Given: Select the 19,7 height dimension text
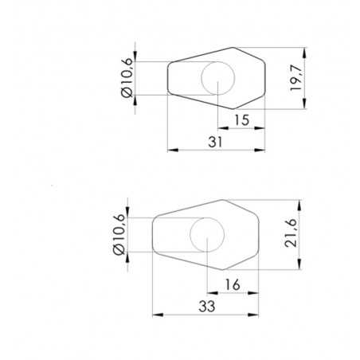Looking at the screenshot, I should pos(296,77).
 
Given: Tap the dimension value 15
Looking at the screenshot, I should pos(242,119).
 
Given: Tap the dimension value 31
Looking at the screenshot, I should pos(216,141).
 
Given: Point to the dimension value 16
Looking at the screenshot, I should pos(232,284).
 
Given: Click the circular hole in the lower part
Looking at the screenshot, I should pos(205,235).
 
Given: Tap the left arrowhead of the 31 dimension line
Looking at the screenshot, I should pos(170,149).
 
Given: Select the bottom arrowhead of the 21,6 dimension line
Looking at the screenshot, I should pos(299,268).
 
